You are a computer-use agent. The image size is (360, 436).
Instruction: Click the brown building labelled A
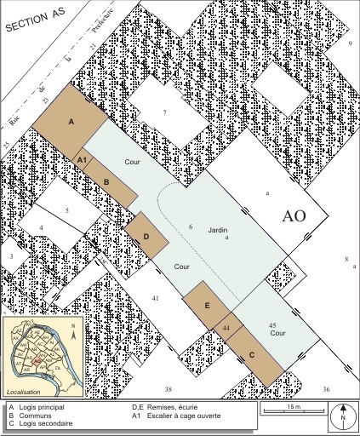pos(71,123)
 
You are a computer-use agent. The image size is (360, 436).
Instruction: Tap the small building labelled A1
pos(82,159)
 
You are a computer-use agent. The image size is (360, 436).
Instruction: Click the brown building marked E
pos(208,303)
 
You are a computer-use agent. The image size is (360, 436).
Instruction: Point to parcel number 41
pos(155,298)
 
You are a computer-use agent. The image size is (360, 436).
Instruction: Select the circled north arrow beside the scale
pos(341,416)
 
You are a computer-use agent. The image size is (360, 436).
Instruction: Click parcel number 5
pos(66,209)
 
